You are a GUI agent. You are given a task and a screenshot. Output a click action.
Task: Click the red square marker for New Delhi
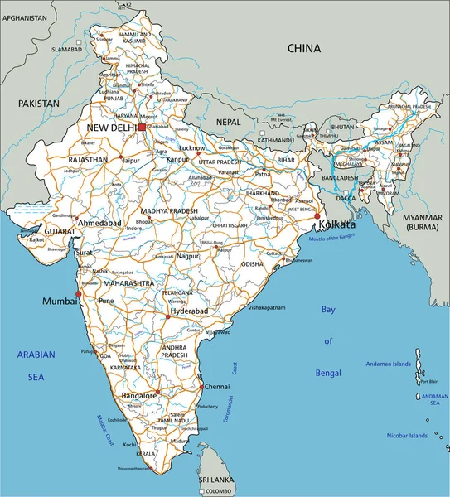tap(142, 128)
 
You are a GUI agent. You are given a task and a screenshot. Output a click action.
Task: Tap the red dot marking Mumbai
tap(79, 293)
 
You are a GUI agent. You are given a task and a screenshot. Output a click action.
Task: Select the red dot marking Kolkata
tap(317, 216)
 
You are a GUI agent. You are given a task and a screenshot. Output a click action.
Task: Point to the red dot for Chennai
tap(201, 386)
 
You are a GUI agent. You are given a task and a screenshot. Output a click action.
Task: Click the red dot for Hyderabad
tap(167, 316)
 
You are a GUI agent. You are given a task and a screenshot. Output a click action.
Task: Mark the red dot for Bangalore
tap(157, 392)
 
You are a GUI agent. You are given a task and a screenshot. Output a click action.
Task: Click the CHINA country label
tap(303, 49)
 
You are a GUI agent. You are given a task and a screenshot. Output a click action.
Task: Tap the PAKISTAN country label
tap(40, 104)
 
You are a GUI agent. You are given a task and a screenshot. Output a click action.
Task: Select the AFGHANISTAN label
tap(22, 17)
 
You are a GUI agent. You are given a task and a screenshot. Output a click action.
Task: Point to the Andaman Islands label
tap(389, 364)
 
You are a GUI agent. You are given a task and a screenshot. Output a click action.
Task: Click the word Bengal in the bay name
tap(327, 374)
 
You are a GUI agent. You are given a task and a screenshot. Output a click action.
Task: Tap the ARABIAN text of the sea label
tap(36, 355)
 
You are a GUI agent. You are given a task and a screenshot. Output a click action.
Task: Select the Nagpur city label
tap(188, 258)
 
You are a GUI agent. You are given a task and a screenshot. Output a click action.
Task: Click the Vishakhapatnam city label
tap(273, 307)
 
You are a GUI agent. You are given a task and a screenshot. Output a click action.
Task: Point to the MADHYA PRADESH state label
tap(169, 211)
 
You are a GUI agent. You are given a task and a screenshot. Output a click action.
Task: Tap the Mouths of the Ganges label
tap(335, 238)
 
